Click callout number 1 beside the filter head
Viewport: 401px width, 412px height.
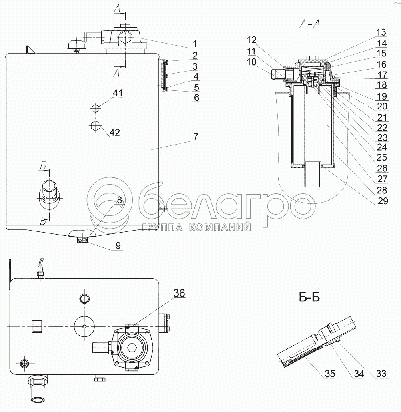[195, 44]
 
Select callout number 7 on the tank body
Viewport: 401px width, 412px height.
[196, 137]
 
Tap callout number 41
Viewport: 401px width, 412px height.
[118, 93]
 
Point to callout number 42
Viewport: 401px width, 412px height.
[115, 132]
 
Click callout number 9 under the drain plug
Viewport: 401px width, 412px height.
[118, 245]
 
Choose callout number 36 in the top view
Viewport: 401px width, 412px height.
[179, 293]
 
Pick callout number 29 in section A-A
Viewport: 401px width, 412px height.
[383, 201]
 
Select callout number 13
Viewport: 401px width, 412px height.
[381, 32]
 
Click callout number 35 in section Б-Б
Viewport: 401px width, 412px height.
[330, 373]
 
